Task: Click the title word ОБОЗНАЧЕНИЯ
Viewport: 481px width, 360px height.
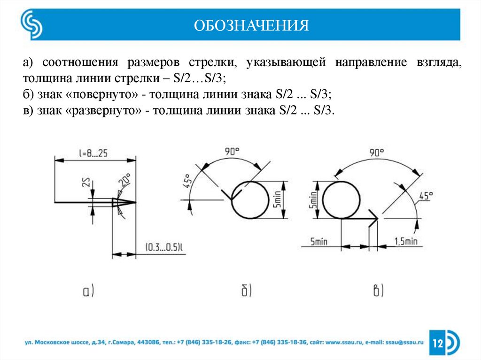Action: pyautogui.click(x=252, y=24)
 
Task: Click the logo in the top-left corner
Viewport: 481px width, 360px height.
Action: pyautogui.click(x=31, y=24)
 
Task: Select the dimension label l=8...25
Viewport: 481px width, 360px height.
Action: pyautogui.click(x=94, y=153)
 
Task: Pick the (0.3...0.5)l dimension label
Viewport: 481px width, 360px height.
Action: pyautogui.click(x=163, y=247)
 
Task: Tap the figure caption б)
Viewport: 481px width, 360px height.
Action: pyautogui.click(x=247, y=291)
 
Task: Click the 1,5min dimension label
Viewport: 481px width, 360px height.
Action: pyautogui.click(x=405, y=241)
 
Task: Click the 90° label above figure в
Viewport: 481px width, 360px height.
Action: pyautogui.click(x=377, y=153)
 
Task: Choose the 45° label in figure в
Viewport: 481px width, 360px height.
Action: pyautogui.click(x=425, y=196)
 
